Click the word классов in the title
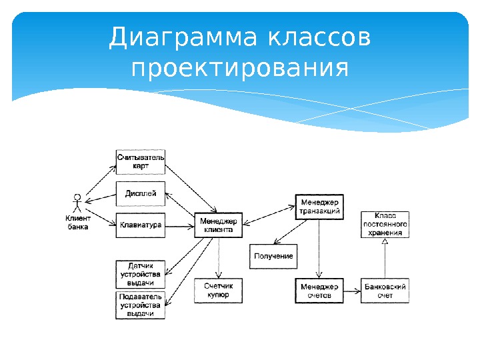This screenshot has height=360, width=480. point(319,38)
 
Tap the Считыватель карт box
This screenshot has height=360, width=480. point(141,161)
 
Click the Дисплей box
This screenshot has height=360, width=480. point(141,193)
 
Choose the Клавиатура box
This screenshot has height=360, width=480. point(141,225)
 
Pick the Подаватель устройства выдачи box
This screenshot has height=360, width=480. point(141,305)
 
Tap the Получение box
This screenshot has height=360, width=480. point(273,257)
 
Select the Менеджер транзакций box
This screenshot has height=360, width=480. point(320,207)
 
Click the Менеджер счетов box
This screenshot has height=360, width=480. point(320,290)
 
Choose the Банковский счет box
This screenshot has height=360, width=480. point(385,290)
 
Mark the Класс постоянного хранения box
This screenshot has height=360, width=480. point(385,225)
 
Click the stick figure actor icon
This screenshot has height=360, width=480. point(77,203)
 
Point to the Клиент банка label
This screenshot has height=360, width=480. point(78,222)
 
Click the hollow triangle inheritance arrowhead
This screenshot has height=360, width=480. point(385,243)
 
